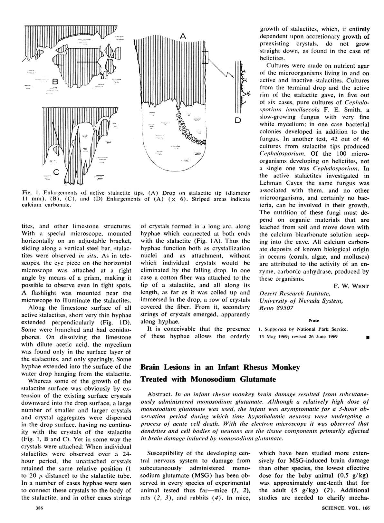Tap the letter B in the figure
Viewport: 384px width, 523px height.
click(x=55, y=82)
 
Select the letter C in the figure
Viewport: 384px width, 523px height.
click(x=56, y=172)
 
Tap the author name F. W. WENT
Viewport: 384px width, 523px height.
click(x=351, y=286)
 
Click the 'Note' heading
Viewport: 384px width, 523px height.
click(x=313, y=320)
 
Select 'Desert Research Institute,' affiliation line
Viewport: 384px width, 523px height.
click(x=295, y=293)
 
